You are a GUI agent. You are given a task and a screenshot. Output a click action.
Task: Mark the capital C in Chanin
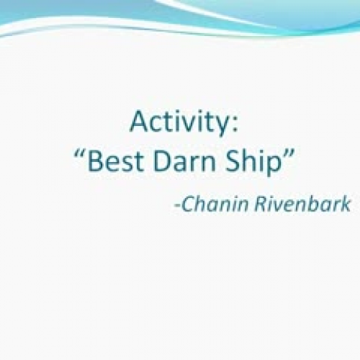(x=186, y=204)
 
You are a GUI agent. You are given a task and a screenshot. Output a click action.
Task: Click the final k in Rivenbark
(x=346, y=204)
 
